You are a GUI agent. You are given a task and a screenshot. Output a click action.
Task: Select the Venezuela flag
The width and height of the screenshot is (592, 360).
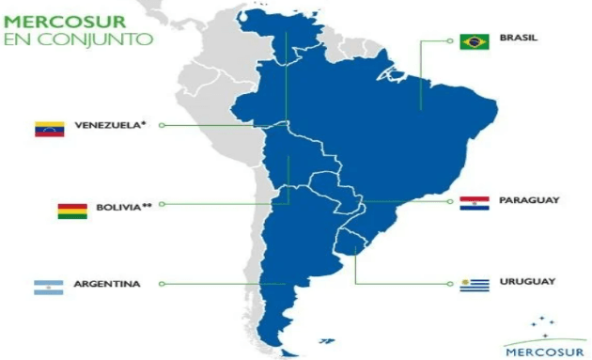[48, 130]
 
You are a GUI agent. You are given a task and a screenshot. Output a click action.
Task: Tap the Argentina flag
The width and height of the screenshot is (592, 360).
[48, 289]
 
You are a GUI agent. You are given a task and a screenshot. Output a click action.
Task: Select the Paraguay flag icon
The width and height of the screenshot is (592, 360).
[474, 203]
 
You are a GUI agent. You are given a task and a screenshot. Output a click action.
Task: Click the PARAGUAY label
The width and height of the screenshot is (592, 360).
[530, 200]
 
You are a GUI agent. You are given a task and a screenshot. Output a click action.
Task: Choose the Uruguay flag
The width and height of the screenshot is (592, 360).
[474, 285]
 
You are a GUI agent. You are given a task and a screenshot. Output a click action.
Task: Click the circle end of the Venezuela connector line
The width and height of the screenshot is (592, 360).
[161, 124]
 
